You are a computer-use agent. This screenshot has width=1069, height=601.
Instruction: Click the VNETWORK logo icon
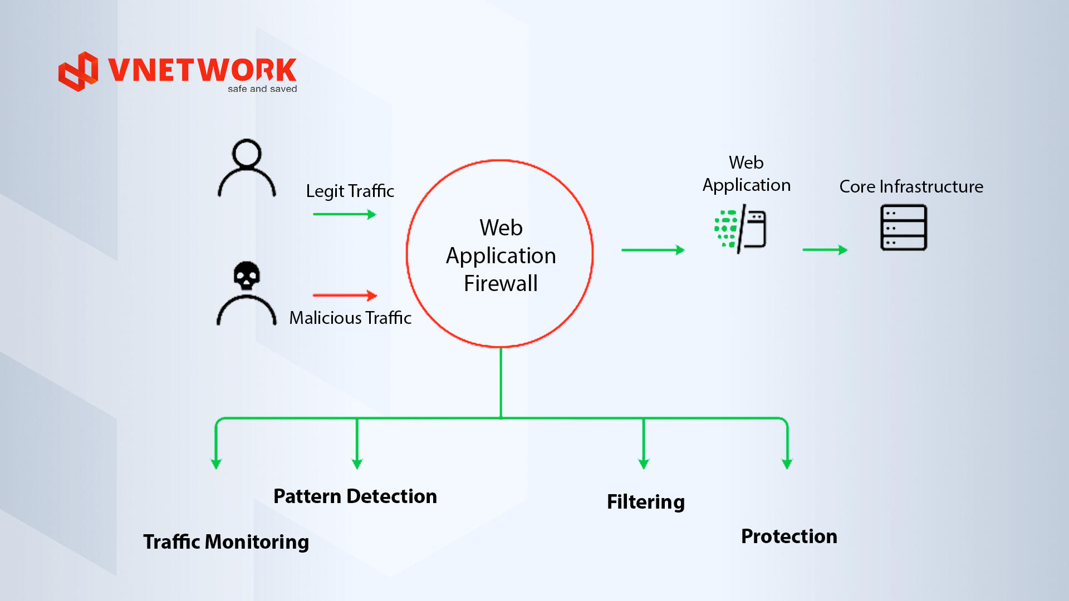coord(79,71)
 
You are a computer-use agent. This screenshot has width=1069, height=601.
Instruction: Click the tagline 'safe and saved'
coord(262,89)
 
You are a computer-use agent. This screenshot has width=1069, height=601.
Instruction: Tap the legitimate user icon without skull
coord(247,168)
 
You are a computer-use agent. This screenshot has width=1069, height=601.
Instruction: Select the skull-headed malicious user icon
coord(247,293)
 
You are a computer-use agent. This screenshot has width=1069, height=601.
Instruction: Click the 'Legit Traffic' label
coord(350,191)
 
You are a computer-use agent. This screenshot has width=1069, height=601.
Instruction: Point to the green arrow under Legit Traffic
coord(345,214)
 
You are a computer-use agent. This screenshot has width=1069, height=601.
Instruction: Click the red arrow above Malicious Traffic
coord(345,295)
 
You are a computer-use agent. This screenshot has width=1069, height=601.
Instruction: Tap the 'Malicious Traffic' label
coord(350,318)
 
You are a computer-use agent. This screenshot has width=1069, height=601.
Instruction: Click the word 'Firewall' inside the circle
coord(501,283)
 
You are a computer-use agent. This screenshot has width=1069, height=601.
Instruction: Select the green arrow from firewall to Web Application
coord(653,250)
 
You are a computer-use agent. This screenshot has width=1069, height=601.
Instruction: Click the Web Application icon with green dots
coord(741,229)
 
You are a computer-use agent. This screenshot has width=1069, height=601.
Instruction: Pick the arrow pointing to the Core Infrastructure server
coord(825,250)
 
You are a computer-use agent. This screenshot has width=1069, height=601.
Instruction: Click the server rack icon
coord(904,228)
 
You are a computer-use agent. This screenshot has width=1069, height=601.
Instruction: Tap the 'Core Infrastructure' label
coord(911,186)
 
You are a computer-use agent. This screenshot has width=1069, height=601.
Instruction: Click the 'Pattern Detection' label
coord(355,496)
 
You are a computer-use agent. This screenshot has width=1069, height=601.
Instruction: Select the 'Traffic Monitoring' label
coord(226,542)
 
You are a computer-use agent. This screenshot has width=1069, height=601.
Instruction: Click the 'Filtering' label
coord(646,502)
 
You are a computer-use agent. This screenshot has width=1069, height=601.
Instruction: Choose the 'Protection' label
coord(789,536)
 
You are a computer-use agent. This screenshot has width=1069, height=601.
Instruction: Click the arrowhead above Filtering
coord(644,464)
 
